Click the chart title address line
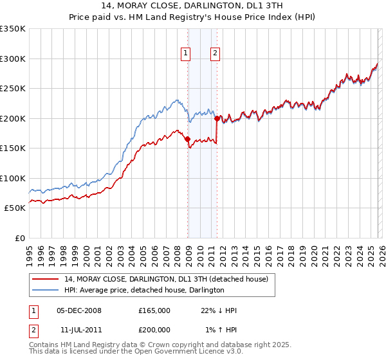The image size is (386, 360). [192, 6]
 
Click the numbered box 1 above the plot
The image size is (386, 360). [185, 54]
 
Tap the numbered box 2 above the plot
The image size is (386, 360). [214, 54]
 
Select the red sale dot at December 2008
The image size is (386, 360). [187, 139]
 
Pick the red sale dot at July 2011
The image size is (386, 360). [217, 118]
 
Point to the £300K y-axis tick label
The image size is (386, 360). [13, 59]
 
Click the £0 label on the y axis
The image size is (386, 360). [19, 238]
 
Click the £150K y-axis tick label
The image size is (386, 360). [13, 148]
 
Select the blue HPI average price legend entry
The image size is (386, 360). [144, 290]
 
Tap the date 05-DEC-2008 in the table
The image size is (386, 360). [79, 310]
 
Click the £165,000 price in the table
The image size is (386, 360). [154, 310]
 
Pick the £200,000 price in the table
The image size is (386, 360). [154, 330]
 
